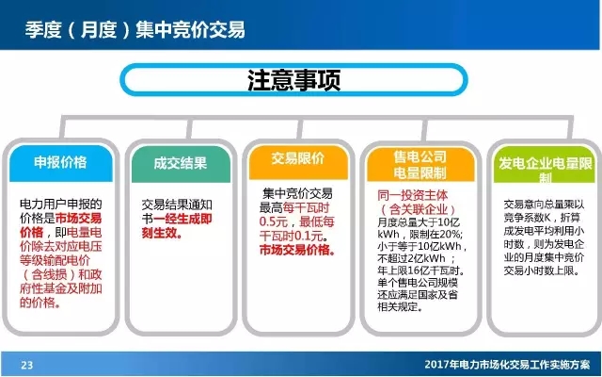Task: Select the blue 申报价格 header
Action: tap(60, 162)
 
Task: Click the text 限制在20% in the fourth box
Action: tap(431, 233)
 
